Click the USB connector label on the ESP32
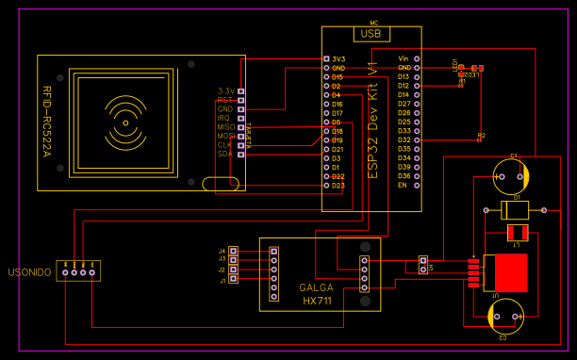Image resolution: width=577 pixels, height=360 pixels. [x=371, y=33]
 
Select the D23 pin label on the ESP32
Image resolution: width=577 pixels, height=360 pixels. [x=338, y=186]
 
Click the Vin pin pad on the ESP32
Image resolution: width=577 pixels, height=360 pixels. [x=418, y=59]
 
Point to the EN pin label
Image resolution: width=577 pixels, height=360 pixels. [x=403, y=186]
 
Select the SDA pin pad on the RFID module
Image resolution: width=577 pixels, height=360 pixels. [x=241, y=154]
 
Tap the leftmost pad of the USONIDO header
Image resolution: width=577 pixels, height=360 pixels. [x=65, y=273]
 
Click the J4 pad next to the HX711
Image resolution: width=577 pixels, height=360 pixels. [x=234, y=251]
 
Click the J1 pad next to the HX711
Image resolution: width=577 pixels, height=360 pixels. [x=234, y=280]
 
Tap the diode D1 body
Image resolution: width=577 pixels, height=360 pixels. [x=514, y=209]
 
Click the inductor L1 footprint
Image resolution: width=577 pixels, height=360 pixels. [x=517, y=232]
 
